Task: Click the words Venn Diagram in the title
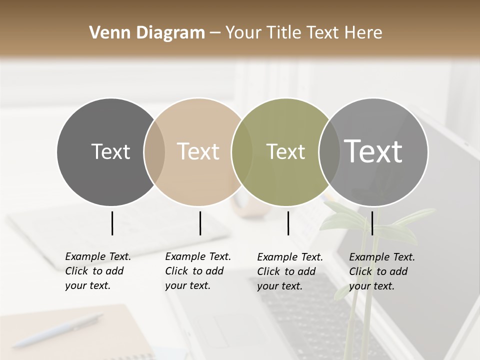click(147, 33)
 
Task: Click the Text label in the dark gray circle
click(110, 151)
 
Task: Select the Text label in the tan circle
click(198, 151)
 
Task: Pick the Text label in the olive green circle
click(285, 151)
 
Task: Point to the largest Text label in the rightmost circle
click(373, 151)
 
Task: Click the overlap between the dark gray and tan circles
click(154, 151)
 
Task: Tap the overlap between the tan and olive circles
click(242, 151)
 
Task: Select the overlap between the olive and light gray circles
click(328, 151)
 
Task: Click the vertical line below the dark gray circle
click(112, 223)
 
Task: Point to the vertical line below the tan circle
click(200, 223)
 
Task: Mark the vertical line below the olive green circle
click(288, 223)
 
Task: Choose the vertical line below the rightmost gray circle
click(372, 223)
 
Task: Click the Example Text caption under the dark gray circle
click(97, 271)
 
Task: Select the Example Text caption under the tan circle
click(197, 271)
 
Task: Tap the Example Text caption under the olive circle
click(289, 271)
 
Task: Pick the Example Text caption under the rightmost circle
click(381, 271)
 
